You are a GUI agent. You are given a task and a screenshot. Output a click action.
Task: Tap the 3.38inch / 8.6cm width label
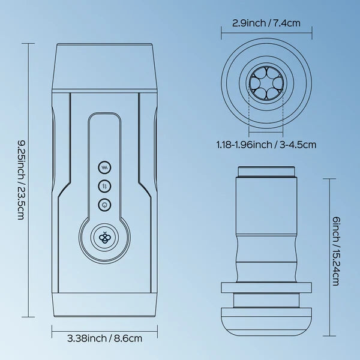click(104, 338)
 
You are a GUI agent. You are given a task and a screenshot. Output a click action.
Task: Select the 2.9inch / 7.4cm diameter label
click(266, 23)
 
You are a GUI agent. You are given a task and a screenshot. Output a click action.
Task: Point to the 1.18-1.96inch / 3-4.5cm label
click(266, 145)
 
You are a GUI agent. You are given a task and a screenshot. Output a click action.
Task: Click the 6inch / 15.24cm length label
click(336, 251)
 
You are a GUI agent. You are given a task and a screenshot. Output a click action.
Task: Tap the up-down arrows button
click(104, 186)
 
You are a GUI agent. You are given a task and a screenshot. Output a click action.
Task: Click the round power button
click(104, 205)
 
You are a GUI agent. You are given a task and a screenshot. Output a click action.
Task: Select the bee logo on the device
click(104, 238)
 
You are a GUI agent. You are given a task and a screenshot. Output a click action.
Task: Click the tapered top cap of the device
click(104, 67)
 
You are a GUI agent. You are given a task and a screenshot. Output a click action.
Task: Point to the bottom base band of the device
click(104, 305)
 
